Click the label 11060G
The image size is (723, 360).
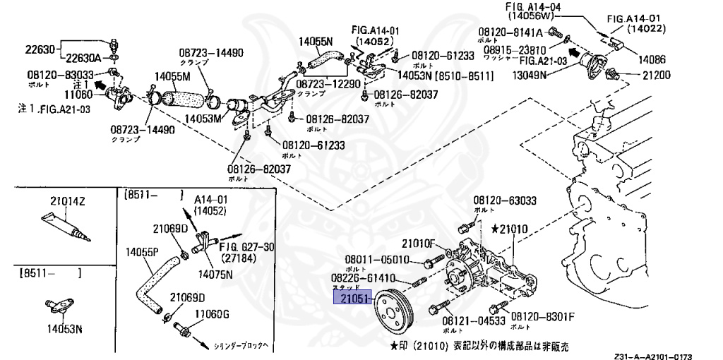pos(213,314)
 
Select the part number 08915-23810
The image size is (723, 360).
pos(515,50)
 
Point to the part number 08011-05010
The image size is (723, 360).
pos(376,258)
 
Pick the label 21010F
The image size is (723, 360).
pos(422,244)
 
